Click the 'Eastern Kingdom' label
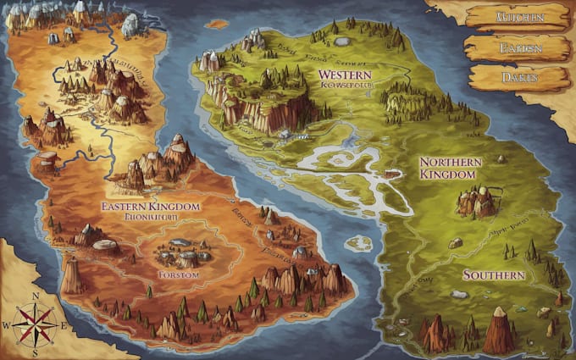150,207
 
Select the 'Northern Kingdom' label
451,168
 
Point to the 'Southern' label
494,275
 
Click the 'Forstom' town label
178,276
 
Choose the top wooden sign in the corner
518,17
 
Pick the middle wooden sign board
517,47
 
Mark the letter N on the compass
36,296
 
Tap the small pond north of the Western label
341,41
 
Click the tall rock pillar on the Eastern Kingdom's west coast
71,273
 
